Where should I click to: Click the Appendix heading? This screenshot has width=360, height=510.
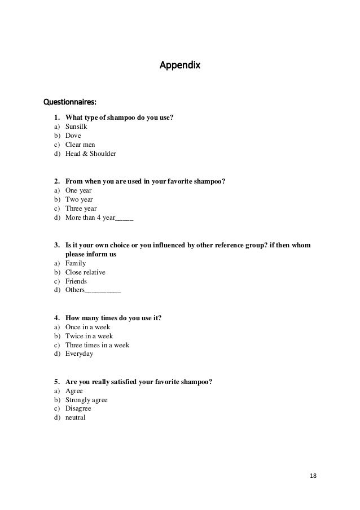click(180, 66)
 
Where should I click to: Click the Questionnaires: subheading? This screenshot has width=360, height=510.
click(70, 103)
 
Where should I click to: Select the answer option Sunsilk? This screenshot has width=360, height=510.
click(76, 127)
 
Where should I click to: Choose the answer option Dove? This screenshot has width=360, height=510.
click(73, 136)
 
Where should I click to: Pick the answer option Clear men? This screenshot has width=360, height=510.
click(80, 145)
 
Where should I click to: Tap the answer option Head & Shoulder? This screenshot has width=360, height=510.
click(90, 154)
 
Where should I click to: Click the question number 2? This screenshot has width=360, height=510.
click(57, 181)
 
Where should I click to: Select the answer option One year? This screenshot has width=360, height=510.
click(78, 190)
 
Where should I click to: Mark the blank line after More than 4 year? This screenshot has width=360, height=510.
click(124, 218)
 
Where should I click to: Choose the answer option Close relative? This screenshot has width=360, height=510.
click(85, 272)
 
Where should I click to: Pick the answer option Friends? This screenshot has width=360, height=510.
click(76, 281)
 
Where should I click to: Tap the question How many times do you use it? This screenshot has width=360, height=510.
click(113, 318)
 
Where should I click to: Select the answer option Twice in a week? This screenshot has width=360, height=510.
click(89, 336)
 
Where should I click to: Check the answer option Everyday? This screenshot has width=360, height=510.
click(80, 354)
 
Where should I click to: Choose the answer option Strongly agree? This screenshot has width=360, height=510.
click(86, 400)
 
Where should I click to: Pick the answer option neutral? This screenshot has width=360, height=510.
click(76, 418)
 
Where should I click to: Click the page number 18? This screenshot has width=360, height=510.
click(313, 476)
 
